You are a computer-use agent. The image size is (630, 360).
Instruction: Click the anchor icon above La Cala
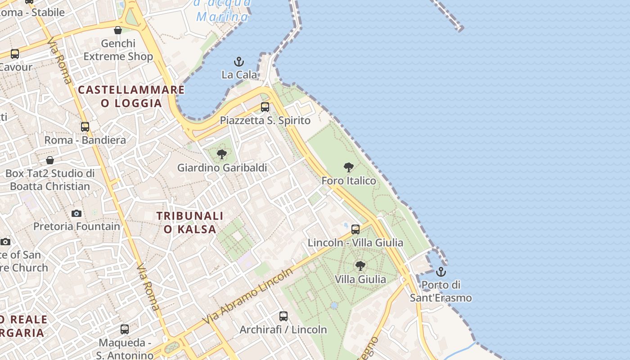pos(239,62)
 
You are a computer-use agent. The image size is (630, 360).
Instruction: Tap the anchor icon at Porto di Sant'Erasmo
pos(441,272)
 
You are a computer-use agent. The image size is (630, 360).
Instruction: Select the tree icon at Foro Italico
pos(348,168)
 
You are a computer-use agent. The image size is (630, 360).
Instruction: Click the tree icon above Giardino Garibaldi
pos(222,155)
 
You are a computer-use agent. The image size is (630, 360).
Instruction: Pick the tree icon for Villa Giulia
pos(360,266)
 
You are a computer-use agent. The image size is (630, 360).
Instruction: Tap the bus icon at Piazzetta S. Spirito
pos(265,107)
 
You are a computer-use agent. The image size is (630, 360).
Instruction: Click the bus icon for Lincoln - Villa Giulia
pos(355,229)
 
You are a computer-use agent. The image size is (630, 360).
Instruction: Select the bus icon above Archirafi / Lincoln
pos(283,316)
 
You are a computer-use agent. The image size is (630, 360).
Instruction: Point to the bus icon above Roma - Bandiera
pos(85,127)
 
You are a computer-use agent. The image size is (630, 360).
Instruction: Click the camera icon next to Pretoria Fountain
pos(76,213)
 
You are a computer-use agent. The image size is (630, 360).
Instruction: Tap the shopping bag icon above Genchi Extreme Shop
pos(118,30)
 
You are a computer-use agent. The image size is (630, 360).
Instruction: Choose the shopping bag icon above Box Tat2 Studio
pos(50,160)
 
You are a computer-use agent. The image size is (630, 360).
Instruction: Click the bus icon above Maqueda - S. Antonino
pos(125,329)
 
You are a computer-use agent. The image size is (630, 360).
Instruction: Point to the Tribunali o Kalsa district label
pos(190,222)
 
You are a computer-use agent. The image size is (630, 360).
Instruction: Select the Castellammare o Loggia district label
pos(131,96)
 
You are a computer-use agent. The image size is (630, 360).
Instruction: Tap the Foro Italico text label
pos(349,181)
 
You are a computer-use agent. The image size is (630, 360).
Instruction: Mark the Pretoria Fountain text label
pos(77,226)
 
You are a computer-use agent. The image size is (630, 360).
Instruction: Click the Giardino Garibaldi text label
pos(222,168)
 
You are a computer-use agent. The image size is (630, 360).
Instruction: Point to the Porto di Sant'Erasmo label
pos(441,291)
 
